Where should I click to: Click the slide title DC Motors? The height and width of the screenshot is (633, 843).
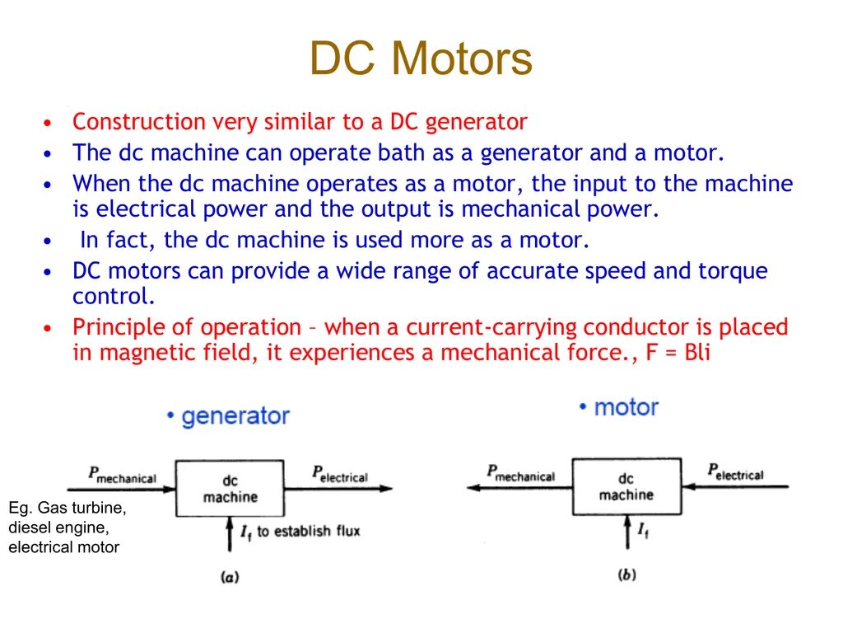point(421,60)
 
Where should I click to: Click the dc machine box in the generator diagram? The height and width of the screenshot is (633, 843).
point(230,489)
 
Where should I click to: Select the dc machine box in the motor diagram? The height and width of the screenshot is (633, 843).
point(626,486)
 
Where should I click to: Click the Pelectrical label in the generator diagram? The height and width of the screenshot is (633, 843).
point(339,475)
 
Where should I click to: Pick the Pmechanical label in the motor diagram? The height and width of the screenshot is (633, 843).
point(520,474)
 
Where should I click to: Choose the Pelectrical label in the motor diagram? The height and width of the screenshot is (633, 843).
point(735,472)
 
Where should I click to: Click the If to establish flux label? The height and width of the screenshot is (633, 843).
point(300,532)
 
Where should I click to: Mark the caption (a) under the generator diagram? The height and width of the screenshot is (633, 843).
point(230,578)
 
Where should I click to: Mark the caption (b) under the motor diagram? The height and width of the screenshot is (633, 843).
point(626,574)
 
